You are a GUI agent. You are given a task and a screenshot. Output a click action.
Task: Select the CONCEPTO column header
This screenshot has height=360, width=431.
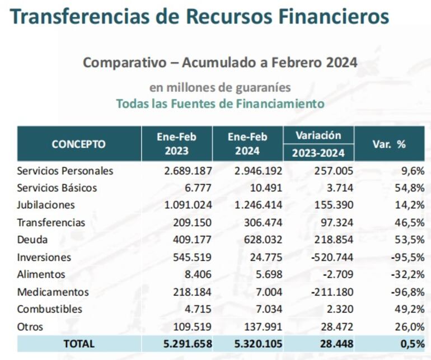(x=78, y=144)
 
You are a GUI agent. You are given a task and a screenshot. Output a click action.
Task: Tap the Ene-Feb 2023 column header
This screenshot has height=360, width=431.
(x=177, y=144)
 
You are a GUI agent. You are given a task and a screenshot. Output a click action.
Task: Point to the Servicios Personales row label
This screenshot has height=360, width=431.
(x=65, y=171)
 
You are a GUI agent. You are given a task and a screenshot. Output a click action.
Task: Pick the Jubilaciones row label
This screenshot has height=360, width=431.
(x=46, y=205)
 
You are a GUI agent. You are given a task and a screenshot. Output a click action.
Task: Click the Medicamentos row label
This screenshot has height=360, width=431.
(x=53, y=292)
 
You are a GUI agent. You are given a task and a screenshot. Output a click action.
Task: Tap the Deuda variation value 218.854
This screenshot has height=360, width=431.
(x=334, y=240)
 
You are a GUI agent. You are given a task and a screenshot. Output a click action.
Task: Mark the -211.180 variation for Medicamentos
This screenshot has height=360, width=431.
(x=331, y=292)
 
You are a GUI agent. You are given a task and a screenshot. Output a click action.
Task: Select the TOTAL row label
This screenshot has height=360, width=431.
(x=79, y=344)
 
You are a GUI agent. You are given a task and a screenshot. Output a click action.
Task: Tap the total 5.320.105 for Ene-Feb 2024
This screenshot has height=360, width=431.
(x=255, y=344)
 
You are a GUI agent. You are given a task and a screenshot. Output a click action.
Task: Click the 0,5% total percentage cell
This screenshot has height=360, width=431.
(x=413, y=344)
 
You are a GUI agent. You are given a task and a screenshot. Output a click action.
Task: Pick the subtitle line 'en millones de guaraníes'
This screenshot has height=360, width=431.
(x=219, y=87)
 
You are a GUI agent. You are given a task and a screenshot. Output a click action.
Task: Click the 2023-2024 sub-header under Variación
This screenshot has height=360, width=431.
(x=318, y=152)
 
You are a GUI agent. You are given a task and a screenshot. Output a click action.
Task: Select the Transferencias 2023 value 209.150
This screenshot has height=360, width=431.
(x=193, y=222)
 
